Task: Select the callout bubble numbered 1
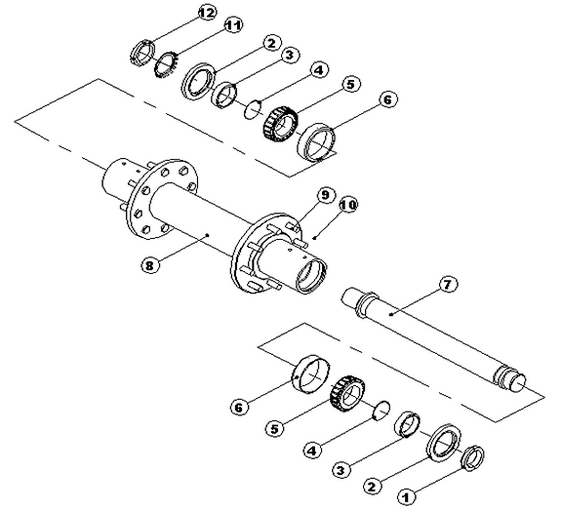pos(409,494)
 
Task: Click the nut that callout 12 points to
pos(139,51)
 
